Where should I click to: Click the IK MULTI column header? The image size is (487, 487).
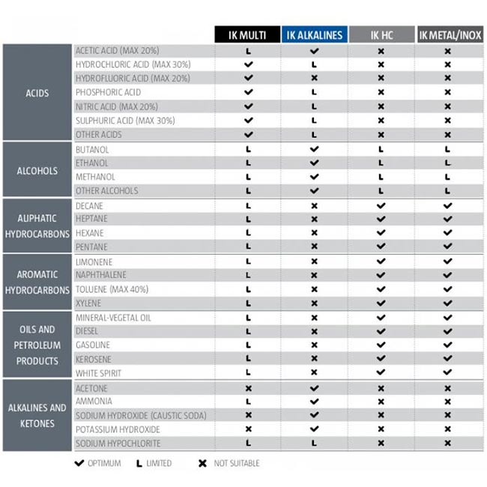248,34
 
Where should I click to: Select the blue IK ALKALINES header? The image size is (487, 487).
314,34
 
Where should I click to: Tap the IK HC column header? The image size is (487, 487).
381,34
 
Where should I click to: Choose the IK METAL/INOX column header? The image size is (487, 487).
447,34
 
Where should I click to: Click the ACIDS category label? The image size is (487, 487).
37,93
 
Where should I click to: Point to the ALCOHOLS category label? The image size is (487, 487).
37,170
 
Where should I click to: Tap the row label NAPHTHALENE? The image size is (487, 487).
102,275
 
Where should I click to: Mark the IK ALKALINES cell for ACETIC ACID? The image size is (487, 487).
314,51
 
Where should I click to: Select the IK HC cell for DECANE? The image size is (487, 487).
381,205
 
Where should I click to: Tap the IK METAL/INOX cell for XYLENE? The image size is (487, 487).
447,303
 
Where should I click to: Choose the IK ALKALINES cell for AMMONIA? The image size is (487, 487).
314,402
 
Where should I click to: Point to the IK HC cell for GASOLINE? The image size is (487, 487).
381,345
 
